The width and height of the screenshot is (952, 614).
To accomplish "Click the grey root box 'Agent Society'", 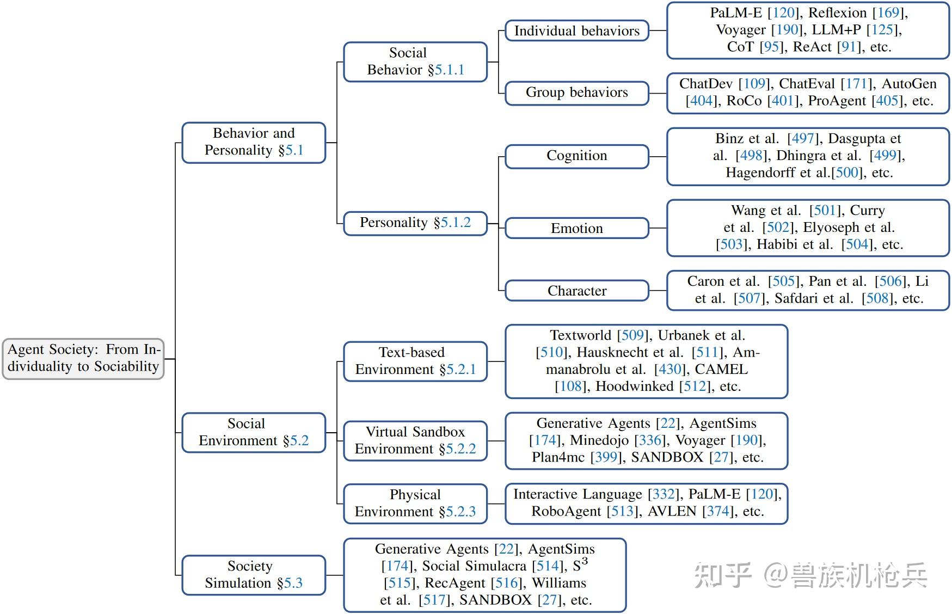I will pyautogui.click(x=83, y=358).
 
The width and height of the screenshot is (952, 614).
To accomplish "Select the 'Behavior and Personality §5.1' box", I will pyautogui.click(x=254, y=142).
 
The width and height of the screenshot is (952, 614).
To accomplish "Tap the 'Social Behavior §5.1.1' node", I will pyautogui.click(x=415, y=62).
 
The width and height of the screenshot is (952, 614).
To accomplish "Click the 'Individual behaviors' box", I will pyautogui.click(x=576, y=31).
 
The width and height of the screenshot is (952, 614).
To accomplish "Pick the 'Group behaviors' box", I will pyautogui.click(x=576, y=93).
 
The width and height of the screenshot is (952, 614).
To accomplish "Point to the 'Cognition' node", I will pyautogui.click(x=576, y=156).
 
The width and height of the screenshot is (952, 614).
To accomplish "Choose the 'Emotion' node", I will pyautogui.click(x=576, y=228).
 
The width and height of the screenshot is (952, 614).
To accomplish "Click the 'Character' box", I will pyautogui.click(x=576, y=291).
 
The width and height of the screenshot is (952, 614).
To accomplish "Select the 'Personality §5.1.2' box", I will pyautogui.click(x=415, y=223).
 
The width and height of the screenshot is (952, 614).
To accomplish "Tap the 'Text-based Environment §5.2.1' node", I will pyautogui.click(x=415, y=361).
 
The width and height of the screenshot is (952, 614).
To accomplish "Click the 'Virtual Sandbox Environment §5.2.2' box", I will pyautogui.click(x=415, y=440).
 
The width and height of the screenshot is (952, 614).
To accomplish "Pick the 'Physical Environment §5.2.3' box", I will pyautogui.click(x=415, y=503).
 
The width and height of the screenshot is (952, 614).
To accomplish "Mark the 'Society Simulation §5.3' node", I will pyautogui.click(x=254, y=574).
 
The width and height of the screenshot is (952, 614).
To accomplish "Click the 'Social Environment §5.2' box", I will pyautogui.click(x=254, y=432).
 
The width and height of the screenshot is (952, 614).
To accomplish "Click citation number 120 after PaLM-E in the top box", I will pyautogui.click(x=784, y=13).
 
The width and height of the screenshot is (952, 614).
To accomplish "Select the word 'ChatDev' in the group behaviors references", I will pyautogui.click(x=705, y=84).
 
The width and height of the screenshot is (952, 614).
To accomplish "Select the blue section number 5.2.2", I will pyautogui.click(x=460, y=449).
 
